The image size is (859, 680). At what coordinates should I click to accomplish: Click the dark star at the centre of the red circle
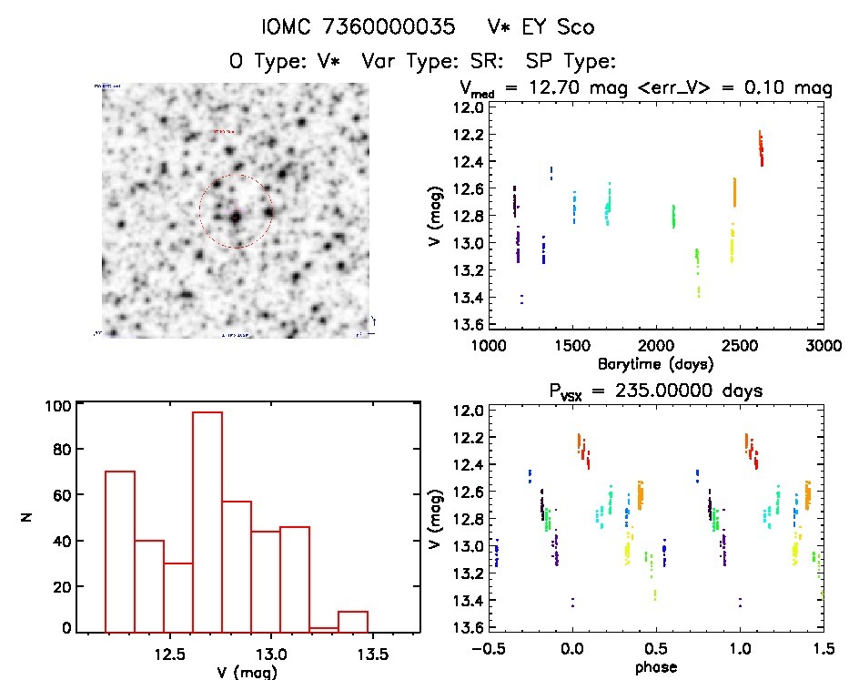[236, 218]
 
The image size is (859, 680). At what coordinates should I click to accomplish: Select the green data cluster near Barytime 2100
[673, 217]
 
